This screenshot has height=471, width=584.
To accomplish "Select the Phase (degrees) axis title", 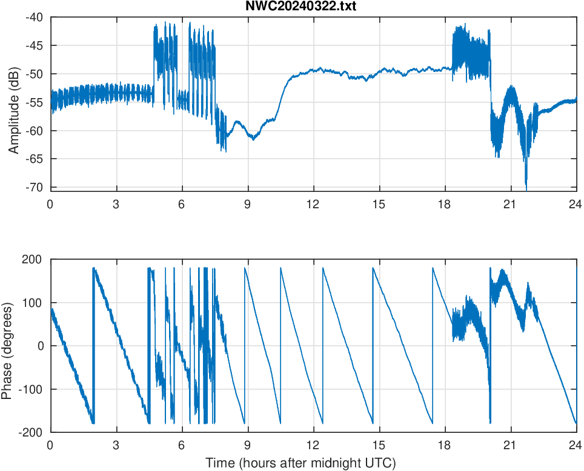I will coord(7,346).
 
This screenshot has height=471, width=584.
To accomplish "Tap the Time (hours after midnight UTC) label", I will coord(300,463).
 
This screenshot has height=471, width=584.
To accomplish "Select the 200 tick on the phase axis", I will coord(33,260).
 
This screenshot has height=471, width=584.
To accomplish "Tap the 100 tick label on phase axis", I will coord(33,303).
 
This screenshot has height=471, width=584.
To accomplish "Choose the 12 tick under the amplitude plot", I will coord(313,204).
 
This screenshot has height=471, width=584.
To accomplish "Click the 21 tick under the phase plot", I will coord(511,444).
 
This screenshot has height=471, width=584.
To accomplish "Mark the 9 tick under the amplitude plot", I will coord(247,204).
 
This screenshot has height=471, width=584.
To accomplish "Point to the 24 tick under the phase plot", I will coord(576,444).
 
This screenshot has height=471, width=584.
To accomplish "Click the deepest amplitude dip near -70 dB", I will coord(526,185).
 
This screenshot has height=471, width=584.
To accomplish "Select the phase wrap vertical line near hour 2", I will coord(93,345).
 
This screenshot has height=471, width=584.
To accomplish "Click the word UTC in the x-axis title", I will coord(382,463).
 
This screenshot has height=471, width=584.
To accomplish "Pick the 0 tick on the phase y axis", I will coord(40,346).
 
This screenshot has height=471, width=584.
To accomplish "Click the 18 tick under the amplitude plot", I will coord(445,204).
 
